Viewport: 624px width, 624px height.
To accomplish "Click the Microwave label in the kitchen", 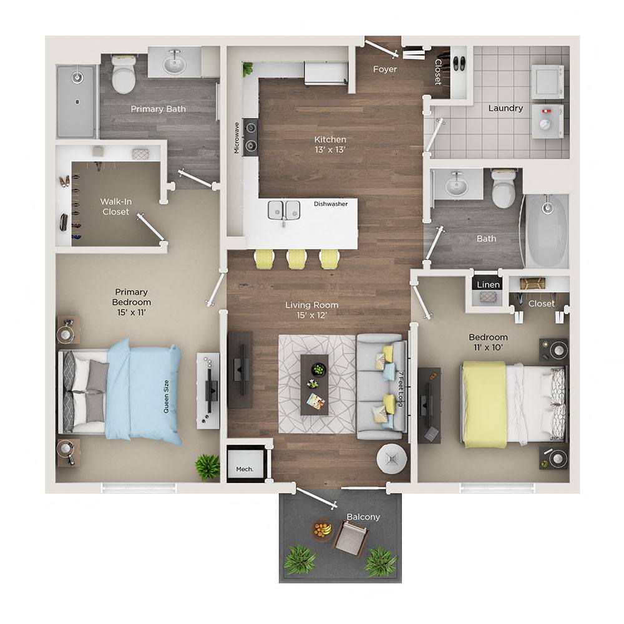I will (x=237, y=138).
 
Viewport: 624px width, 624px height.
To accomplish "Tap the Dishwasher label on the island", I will (x=331, y=203).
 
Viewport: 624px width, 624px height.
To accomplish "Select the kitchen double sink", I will (x=284, y=210).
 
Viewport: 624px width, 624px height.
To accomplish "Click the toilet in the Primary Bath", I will (x=124, y=75).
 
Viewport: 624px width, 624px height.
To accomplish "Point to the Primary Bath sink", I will (x=174, y=63).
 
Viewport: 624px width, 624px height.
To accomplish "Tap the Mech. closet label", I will (x=244, y=469).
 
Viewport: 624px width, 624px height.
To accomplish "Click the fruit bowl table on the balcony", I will (x=322, y=530).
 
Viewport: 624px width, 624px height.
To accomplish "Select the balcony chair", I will (x=351, y=538).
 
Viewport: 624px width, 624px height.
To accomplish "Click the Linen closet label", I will (x=488, y=285).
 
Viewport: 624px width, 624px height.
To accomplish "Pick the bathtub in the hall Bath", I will (x=547, y=230).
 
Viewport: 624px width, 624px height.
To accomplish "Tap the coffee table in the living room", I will (x=314, y=384).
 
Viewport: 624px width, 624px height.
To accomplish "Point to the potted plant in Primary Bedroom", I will (x=207, y=466).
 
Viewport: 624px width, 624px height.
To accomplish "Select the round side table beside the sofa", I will (x=392, y=460).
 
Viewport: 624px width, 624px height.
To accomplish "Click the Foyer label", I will (x=385, y=69).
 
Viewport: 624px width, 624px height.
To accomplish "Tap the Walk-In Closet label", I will (x=115, y=207).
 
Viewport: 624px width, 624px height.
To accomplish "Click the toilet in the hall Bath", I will (x=504, y=189).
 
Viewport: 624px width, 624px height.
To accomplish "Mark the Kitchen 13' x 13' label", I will (x=331, y=144).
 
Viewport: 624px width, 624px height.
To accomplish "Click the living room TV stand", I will (x=240, y=369).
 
